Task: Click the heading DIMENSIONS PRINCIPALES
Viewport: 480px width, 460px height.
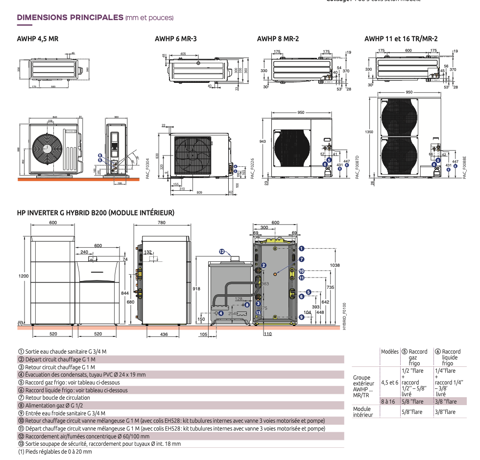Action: [x=70, y=18]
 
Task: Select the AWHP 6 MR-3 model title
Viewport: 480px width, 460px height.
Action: [x=175, y=39]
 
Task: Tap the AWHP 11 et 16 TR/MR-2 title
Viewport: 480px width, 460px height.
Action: [x=401, y=39]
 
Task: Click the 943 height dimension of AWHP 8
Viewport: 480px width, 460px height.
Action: [x=263, y=141]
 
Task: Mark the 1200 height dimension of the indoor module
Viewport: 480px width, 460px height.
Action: [x=24, y=276]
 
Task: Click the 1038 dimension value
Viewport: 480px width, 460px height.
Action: [x=335, y=265]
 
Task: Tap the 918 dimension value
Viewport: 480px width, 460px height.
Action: [x=196, y=289]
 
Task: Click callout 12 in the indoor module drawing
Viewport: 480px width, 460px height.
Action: [x=221, y=252]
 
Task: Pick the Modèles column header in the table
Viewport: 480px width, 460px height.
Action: [x=389, y=352]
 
